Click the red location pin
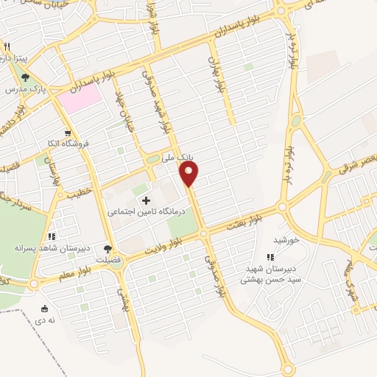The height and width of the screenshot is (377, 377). coord(189,174)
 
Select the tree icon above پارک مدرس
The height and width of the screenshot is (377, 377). coord(25,76)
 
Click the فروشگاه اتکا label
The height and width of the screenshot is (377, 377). coord(66,144)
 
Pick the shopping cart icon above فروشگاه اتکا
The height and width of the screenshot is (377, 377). coord(68,133)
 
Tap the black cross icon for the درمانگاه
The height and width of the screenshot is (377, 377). coord(146,200)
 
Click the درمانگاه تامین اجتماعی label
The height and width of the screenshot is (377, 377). coord(135,212)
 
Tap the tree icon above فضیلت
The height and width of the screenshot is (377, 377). coord(108,249)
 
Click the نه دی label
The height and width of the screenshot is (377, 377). coord(46,320)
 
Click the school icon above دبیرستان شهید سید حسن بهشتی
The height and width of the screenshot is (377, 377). coord(270,257)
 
